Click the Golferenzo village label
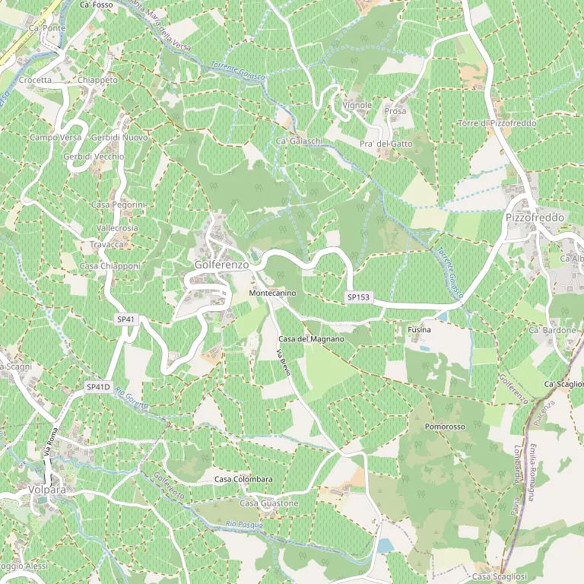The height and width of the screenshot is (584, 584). click(221, 265)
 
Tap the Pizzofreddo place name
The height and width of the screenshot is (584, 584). click(535, 217)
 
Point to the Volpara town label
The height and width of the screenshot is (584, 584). click(46, 490)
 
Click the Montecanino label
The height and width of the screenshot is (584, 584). click(272, 293)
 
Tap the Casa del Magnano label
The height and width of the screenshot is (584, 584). click(311, 338)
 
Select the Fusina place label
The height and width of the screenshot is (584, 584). click(419, 330)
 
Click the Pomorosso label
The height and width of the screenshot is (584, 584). click(445, 427)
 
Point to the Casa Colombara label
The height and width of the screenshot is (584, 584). click(243, 479)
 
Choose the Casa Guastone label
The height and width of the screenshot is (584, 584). click(269, 503)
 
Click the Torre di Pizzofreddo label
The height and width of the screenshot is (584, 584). click(497, 123)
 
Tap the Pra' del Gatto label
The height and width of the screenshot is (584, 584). click(386, 144)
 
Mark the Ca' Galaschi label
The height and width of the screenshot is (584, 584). click(300, 141)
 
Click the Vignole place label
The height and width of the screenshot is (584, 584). click(357, 105)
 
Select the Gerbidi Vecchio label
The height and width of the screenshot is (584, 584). click(94, 156)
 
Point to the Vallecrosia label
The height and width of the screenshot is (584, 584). click(118, 228)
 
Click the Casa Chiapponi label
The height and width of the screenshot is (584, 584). click(110, 266)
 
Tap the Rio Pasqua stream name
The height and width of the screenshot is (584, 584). click(244, 524)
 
